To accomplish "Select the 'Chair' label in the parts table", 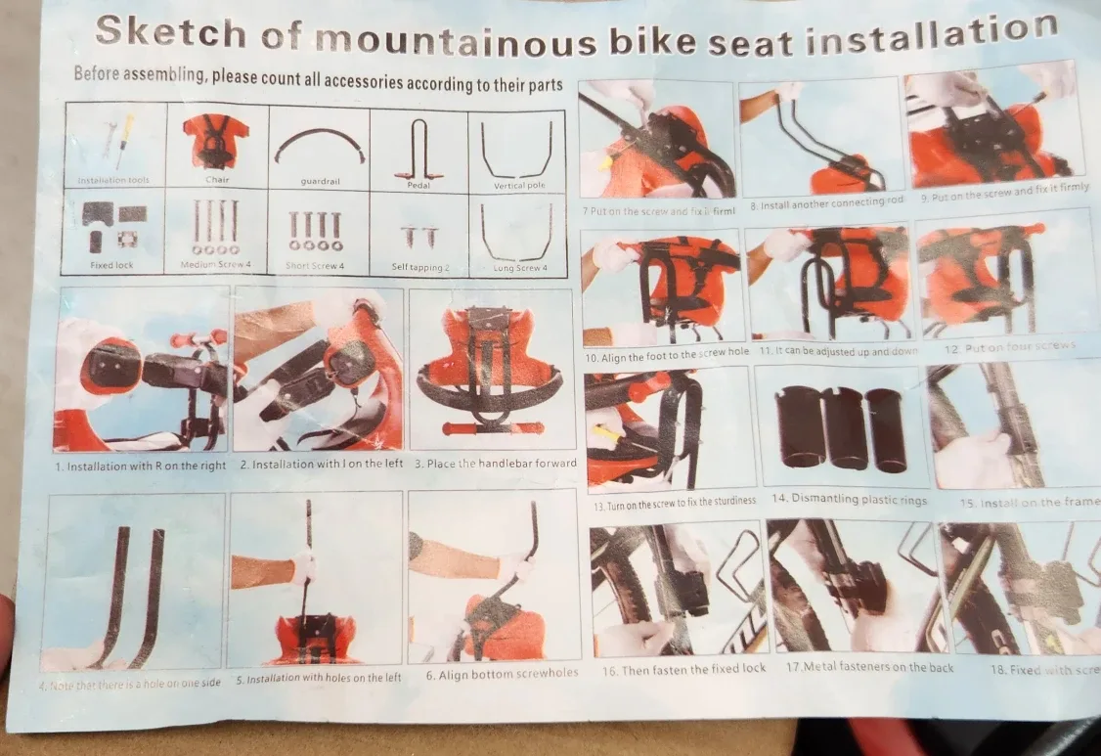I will [217, 180].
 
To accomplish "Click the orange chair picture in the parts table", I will [216, 141].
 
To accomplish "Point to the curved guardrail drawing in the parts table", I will [319, 148].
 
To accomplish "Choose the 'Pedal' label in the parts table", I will [418, 184].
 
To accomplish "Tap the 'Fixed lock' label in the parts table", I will [112, 265].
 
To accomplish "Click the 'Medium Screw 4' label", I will [215, 265].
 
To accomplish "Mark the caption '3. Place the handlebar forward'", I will [495, 464].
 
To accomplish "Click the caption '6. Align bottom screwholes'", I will [502, 673].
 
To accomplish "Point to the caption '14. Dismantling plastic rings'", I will [849, 499].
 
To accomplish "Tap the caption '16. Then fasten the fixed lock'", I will [683, 671].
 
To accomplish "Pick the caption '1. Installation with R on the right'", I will [141, 466].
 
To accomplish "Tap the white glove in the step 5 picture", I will [303, 565].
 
